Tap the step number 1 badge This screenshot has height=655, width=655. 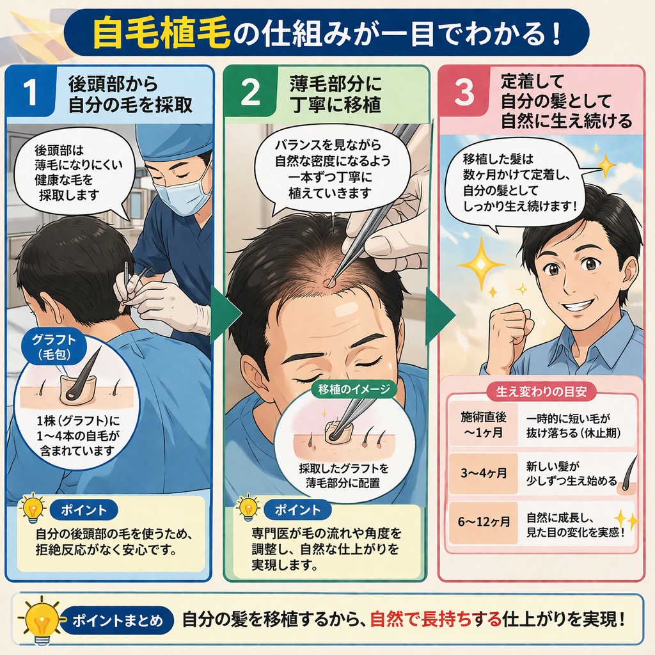tap(31, 91)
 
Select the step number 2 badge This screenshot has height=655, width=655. tap(251, 91)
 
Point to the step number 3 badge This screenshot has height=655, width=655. tap(464, 91)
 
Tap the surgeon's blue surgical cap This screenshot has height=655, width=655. tap(175, 142)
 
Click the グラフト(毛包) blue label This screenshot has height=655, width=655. tap(54, 347)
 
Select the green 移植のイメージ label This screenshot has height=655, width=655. tap(353, 390)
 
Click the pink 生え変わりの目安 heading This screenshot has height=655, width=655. tap(541, 391)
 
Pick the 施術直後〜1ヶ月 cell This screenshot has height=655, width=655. tap(484, 425)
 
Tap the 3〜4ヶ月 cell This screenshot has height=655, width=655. tap(484, 473)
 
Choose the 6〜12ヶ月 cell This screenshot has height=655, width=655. tap(484, 522)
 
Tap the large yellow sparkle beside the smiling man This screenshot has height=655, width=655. tap(481, 264)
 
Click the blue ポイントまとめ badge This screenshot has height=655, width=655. tap(117, 620)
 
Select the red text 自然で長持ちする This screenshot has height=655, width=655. tap(435, 619)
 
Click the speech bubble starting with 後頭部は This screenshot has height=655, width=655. tap(73, 175)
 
